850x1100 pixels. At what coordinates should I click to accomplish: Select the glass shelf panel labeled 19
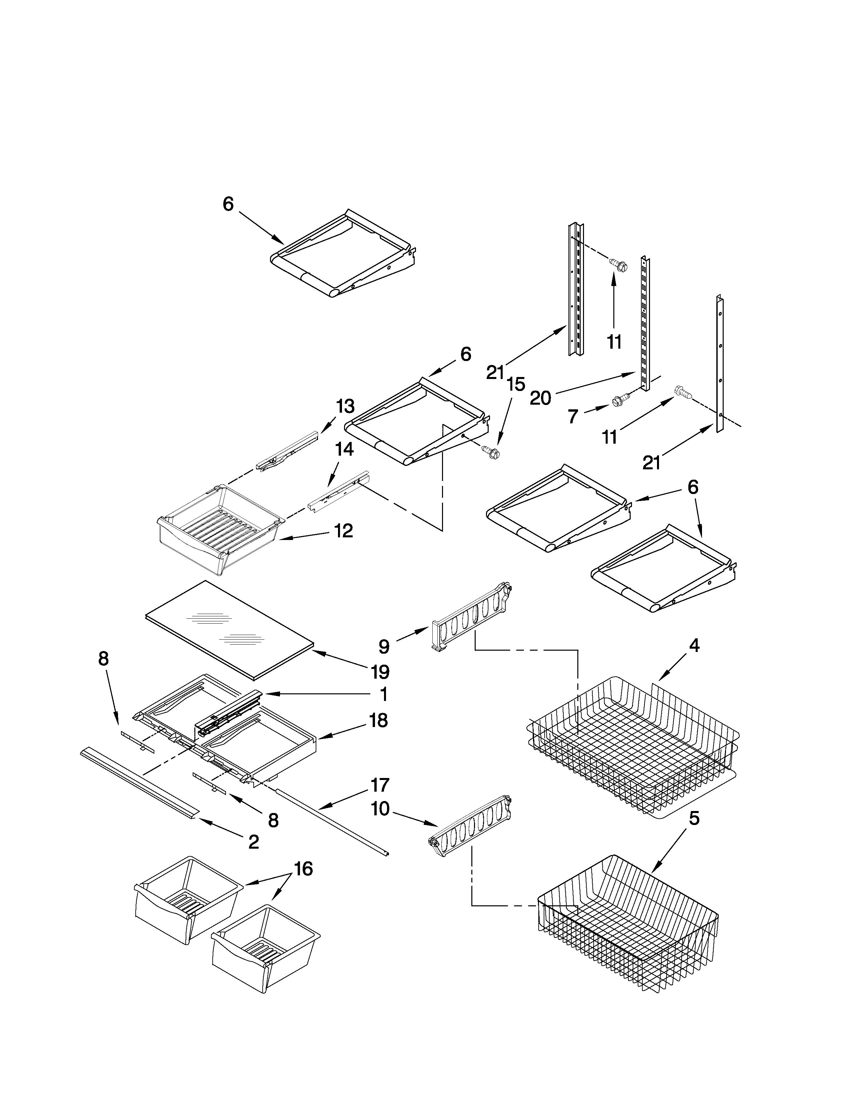[229, 627]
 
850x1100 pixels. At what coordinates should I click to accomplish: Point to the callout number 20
[540, 398]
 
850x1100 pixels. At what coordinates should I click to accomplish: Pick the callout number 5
[694, 818]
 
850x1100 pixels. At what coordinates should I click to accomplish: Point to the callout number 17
[380, 785]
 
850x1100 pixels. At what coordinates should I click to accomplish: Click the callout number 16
[303, 868]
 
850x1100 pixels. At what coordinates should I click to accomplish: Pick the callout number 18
[379, 720]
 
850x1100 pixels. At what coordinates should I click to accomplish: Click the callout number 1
[384, 695]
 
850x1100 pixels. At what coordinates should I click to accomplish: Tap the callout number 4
[694, 645]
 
